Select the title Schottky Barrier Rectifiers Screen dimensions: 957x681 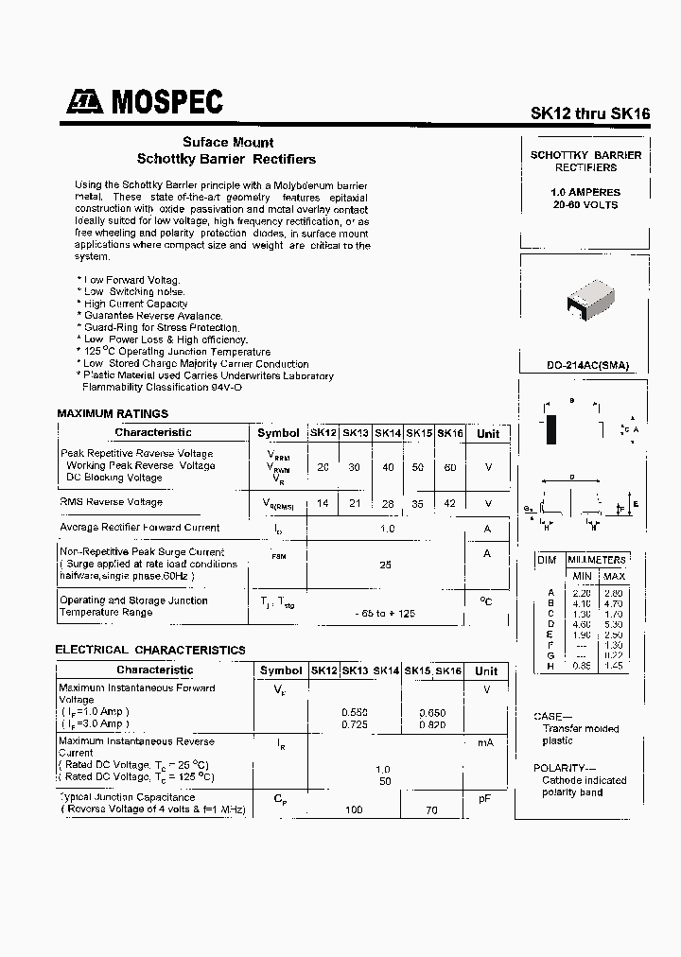(x=226, y=159)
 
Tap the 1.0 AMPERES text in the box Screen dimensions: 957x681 (x=585, y=192)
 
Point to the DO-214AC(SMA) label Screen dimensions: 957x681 (x=585, y=365)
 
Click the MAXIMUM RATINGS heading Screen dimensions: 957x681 (x=113, y=413)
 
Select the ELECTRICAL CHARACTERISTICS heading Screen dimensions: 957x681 (x=150, y=650)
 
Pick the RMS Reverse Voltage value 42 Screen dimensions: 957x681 (x=449, y=503)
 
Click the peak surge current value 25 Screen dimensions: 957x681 (x=386, y=565)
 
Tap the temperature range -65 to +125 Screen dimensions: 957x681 (x=386, y=614)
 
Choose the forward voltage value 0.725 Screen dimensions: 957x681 (x=355, y=723)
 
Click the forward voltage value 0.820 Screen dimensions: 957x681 (x=432, y=723)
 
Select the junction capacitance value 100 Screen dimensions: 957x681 (x=355, y=810)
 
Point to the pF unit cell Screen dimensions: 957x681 (x=485, y=799)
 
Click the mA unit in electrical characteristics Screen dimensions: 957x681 (x=485, y=743)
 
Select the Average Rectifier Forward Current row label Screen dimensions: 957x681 (x=140, y=528)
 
